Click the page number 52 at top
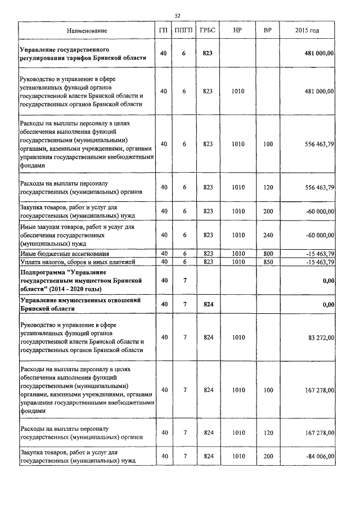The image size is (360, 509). [177, 15]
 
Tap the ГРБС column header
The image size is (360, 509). [208, 30]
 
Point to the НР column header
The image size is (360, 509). [237, 30]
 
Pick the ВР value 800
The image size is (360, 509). [268, 254]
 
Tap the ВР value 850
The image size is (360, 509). [268, 262]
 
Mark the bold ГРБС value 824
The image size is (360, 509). [208, 304]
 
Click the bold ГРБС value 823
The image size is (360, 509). [208, 53]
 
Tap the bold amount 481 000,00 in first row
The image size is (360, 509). [319, 53]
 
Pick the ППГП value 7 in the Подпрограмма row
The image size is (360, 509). [184, 280]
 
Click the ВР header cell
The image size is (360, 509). [268, 30]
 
